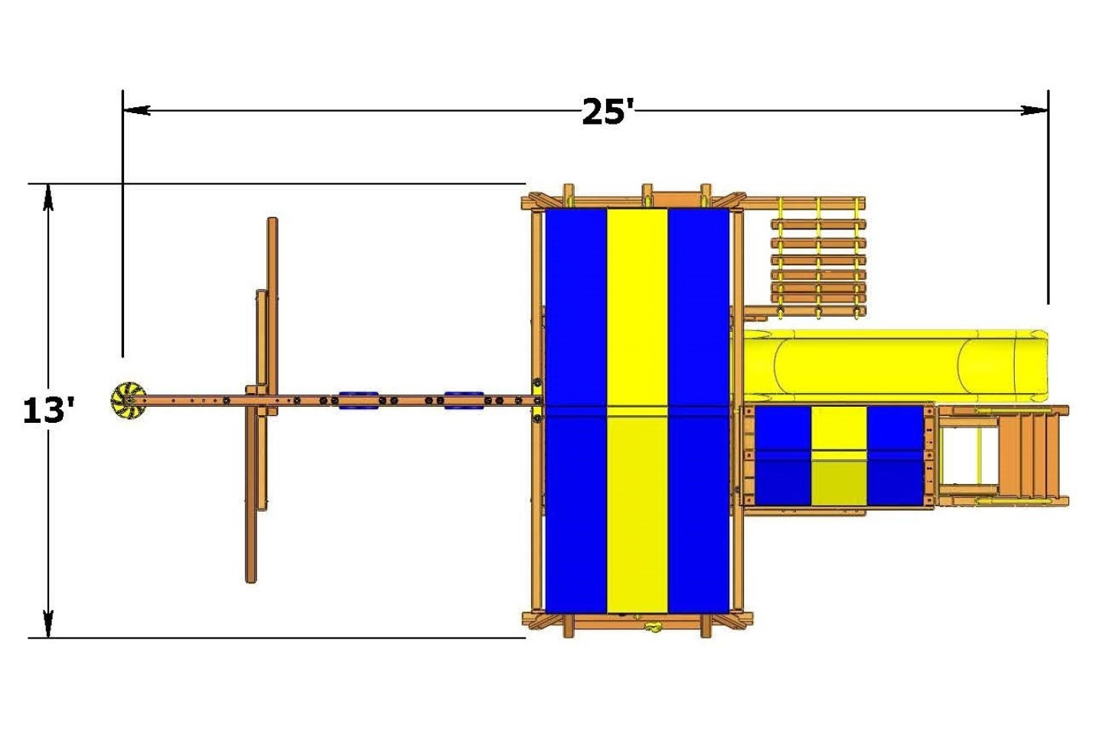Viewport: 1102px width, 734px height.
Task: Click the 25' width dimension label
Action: tap(608, 112)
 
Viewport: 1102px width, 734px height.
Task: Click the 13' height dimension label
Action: tap(48, 411)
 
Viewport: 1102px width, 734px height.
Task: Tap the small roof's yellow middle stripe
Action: tap(839, 456)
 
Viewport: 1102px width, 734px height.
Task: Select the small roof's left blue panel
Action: tap(783, 456)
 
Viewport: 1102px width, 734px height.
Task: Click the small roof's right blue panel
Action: tap(895, 456)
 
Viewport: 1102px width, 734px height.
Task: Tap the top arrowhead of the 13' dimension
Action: tap(49, 196)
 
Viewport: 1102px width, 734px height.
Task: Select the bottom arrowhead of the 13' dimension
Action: tap(49, 625)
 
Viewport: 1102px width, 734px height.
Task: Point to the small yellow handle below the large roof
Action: tap(653, 628)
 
